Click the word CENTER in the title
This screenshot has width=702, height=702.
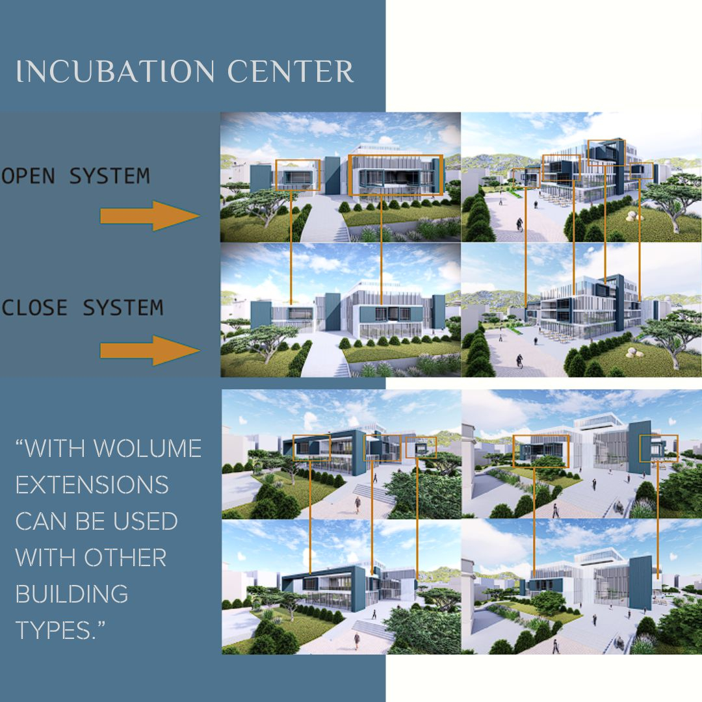pyautogui.click(x=291, y=71)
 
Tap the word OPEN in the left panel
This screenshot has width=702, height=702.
pyautogui.click(x=28, y=176)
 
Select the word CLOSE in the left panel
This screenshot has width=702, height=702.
pyautogui.click(x=34, y=307)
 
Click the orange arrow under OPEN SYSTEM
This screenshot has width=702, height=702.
pyautogui.click(x=150, y=216)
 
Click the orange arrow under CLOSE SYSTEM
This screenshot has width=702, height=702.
pyautogui.click(x=150, y=350)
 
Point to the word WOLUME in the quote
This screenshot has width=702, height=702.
pyautogui.click(x=148, y=448)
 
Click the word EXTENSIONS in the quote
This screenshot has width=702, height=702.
pyautogui.click(x=92, y=484)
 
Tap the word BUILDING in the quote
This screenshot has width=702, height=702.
pyautogui.click(x=71, y=593)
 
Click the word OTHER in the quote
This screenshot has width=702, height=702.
pyautogui.click(x=125, y=558)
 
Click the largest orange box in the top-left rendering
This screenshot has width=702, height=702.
pyautogui.click(x=396, y=155)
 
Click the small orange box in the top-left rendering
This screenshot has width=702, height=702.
pyautogui.click(x=298, y=161)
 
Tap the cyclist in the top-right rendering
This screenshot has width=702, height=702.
pyautogui.click(x=519, y=224)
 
